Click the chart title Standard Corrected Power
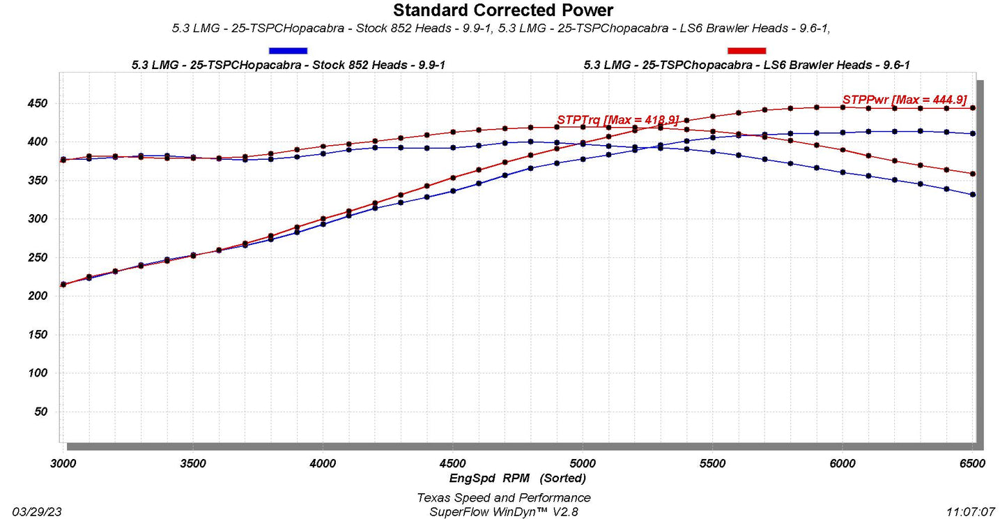503,10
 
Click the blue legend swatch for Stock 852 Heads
288,50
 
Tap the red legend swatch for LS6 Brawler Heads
746,50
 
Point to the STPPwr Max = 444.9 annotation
904,100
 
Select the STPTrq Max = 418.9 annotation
617,120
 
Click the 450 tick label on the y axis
36,104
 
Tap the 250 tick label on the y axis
36,258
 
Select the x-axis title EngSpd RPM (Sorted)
517,479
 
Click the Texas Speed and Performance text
503,497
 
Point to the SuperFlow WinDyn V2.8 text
503,511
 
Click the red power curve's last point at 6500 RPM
973,108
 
